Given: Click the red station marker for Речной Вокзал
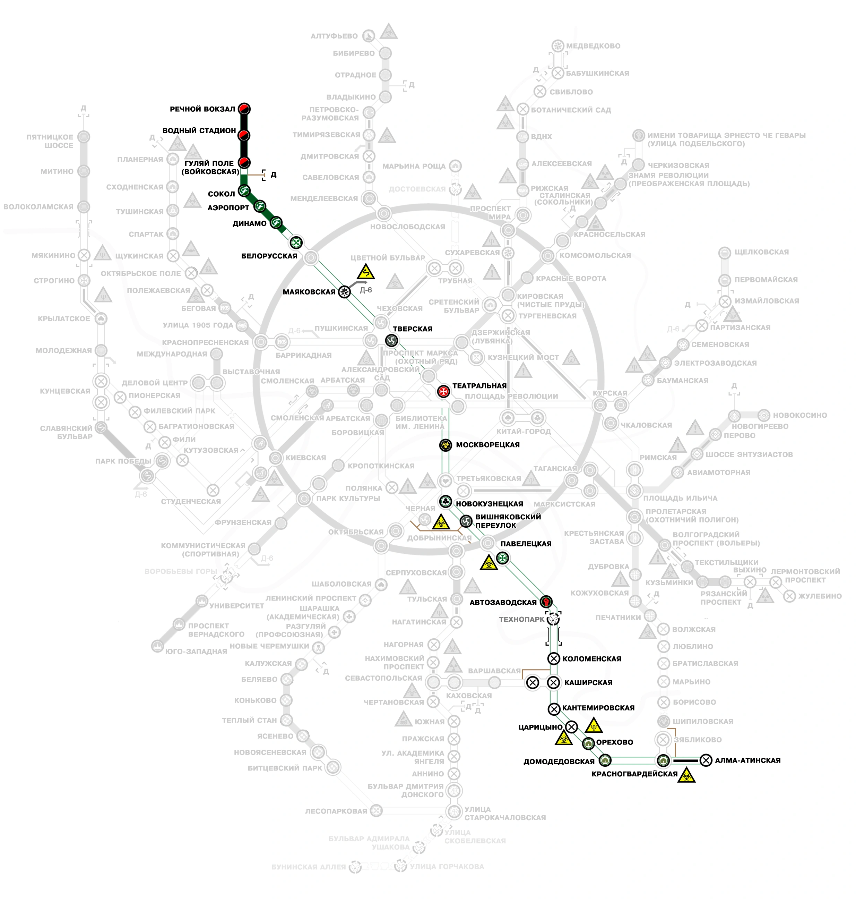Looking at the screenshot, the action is (x=244, y=109).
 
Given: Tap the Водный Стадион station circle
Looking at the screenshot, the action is (x=244, y=136).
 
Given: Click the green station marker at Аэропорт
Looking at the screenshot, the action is (x=260, y=206).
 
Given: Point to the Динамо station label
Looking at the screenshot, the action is (x=250, y=223).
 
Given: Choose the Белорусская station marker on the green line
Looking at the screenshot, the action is (x=296, y=242).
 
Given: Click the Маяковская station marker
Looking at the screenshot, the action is (x=345, y=292).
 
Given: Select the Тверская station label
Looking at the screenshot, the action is (x=413, y=329).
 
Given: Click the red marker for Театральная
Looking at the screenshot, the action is (x=443, y=391).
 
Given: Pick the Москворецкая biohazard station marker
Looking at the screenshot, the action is (x=446, y=445).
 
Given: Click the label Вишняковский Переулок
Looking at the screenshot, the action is (x=508, y=521).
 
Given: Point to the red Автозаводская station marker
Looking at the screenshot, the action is (x=546, y=602).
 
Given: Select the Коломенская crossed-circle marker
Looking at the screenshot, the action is (x=553, y=659).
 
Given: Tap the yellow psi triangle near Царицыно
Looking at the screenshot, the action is (x=594, y=725).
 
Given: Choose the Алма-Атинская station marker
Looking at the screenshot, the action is (x=706, y=760).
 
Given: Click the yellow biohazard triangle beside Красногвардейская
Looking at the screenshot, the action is (x=686, y=776).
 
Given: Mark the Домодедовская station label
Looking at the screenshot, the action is (x=559, y=761).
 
